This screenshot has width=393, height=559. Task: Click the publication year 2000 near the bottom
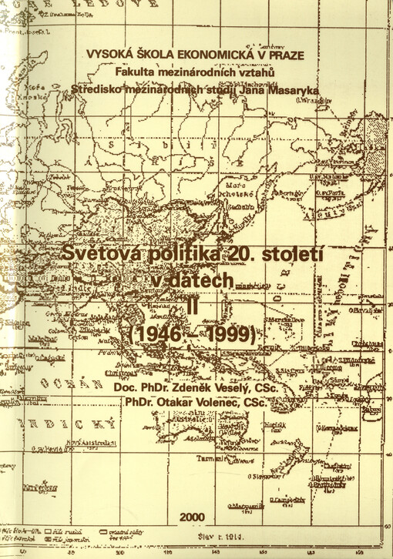[192, 517]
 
